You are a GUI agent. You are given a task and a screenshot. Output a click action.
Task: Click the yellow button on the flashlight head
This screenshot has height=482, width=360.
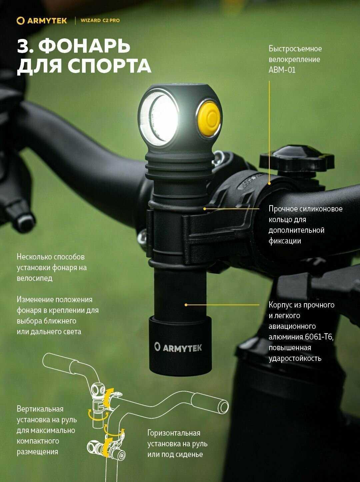pos(208,118)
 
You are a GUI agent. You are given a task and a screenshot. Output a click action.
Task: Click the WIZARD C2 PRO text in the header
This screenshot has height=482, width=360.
pos(100,20)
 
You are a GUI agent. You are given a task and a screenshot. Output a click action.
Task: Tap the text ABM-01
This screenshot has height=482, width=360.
pos(282,70)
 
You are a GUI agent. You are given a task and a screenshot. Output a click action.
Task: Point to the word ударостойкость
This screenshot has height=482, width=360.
pos(295,359)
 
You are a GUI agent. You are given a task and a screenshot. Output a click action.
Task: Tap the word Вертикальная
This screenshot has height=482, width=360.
pos(40,409)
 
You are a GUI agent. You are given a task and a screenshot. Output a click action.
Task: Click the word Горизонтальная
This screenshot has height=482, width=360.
pos(174,433)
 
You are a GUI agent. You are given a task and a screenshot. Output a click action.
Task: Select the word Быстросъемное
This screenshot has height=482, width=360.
pos(295,49)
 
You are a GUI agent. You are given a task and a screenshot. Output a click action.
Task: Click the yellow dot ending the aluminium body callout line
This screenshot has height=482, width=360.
pos(186,305)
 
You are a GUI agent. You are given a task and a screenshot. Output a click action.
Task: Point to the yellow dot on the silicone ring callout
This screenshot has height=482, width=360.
pos(205,208)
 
